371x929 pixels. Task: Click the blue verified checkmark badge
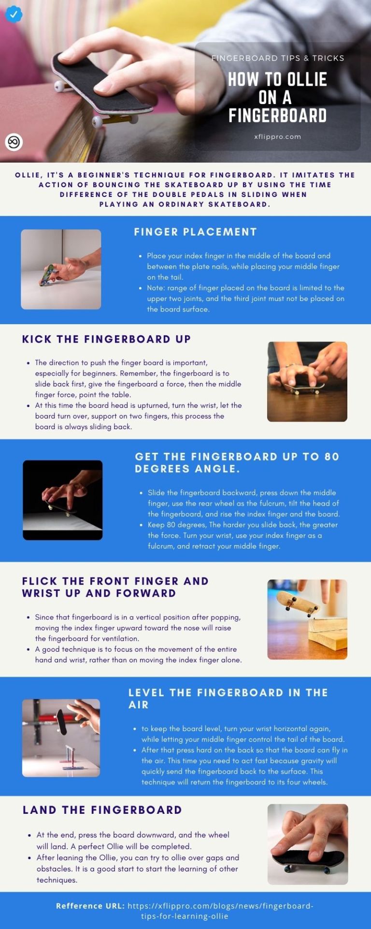pyautogui.click(x=14, y=14)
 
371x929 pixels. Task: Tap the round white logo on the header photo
pyautogui.click(x=14, y=142)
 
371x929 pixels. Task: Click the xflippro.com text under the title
pyautogui.click(x=278, y=136)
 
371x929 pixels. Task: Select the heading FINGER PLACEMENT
pyautogui.click(x=195, y=232)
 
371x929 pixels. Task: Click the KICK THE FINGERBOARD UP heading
pyautogui.click(x=106, y=339)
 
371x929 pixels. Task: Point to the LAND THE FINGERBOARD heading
pyautogui.click(x=102, y=810)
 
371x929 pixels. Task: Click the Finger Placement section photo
pyautogui.click(x=61, y=269)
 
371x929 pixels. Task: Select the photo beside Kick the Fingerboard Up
pyautogui.click(x=307, y=382)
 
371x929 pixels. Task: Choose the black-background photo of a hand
pyautogui.click(x=63, y=500)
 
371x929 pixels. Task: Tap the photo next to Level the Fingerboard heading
pyautogui.click(x=61, y=738)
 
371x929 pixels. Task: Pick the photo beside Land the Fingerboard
pyautogui.click(x=308, y=844)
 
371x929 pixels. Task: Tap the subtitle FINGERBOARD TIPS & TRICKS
pyautogui.click(x=278, y=58)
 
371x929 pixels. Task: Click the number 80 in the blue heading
pyautogui.click(x=332, y=457)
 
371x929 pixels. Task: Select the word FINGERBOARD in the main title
pyautogui.click(x=278, y=116)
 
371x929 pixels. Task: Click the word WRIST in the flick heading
pyautogui.click(x=41, y=593)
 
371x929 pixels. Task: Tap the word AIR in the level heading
pyautogui.click(x=139, y=705)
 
